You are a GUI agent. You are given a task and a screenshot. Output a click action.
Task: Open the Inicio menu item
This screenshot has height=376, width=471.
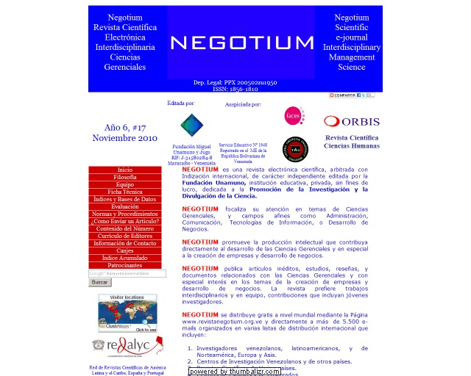click(125, 170)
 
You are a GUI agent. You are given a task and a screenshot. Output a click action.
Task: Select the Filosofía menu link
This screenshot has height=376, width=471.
click(125, 178)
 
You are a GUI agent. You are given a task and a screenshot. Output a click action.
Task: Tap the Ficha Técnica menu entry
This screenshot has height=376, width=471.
click(125, 192)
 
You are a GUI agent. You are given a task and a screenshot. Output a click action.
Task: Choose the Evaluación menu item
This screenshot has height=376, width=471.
click(125, 207)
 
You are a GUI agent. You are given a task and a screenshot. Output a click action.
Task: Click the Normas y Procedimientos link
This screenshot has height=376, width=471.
click(125, 214)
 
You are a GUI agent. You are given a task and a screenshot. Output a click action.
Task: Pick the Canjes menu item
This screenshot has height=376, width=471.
click(125, 251)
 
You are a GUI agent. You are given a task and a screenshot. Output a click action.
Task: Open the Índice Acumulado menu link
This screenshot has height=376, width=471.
click(125, 258)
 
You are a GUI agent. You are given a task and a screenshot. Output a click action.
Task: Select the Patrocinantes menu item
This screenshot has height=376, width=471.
click(125, 266)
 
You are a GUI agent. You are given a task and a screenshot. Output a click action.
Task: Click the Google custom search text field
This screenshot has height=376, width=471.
click(127, 274)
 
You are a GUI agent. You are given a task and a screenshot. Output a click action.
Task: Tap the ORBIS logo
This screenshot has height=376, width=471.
click(352, 121)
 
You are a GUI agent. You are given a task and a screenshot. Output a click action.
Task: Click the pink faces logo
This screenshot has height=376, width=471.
click(294, 116)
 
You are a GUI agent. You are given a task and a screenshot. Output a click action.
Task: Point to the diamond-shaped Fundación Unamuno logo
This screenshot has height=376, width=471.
click(191, 125)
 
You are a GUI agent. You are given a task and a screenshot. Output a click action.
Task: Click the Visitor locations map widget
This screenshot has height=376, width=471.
click(127, 314)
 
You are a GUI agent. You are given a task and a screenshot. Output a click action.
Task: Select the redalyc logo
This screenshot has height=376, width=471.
click(122, 346)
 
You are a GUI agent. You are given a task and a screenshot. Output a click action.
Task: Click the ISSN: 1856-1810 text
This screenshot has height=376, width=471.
click(235, 89)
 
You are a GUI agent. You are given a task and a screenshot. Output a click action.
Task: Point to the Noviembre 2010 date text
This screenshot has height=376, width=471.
click(125, 138)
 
